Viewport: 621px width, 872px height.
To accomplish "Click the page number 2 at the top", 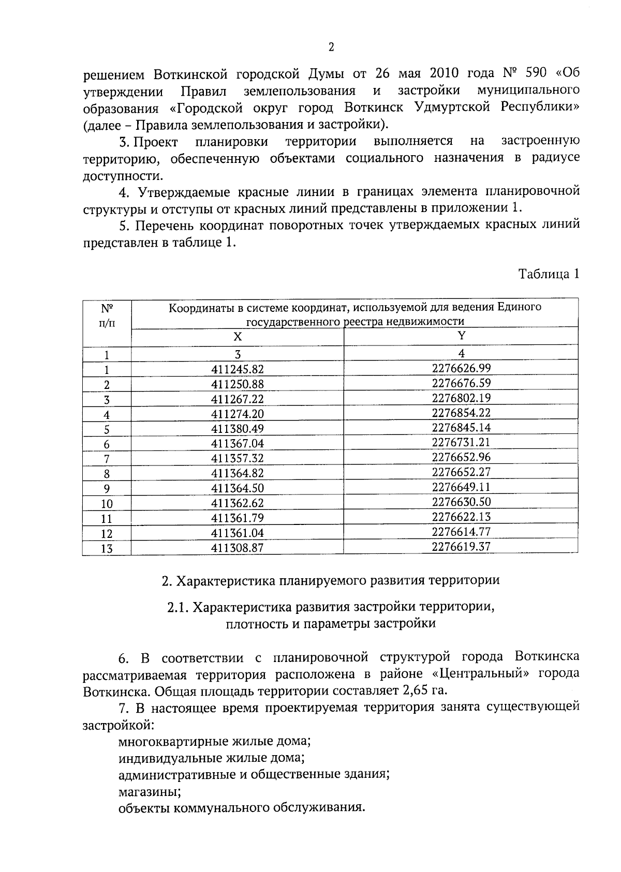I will pyautogui.click(x=331, y=48).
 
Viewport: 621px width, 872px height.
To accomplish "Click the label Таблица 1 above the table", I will pyautogui.click(x=549, y=274).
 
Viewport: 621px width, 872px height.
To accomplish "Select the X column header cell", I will pyautogui.click(x=237, y=337).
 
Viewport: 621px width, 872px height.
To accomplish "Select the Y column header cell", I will pyautogui.click(x=461, y=335).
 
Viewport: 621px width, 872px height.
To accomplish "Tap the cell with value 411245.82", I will pyautogui.click(x=237, y=369).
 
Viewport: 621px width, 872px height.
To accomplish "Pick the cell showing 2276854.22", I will pyautogui.click(x=461, y=413).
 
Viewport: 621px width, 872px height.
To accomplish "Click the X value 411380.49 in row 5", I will pyautogui.click(x=237, y=429).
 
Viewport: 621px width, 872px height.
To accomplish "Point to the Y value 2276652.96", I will pyautogui.click(x=461, y=457).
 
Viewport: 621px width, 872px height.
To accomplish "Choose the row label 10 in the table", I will pyautogui.click(x=107, y=504).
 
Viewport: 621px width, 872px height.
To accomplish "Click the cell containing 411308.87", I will pyautogui.click(x=237, y=548).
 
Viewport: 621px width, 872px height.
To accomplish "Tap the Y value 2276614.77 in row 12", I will pyautogui.click(x=461, y=532).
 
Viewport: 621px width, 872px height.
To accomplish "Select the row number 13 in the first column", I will pyautogui.click(x=107, y=549).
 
